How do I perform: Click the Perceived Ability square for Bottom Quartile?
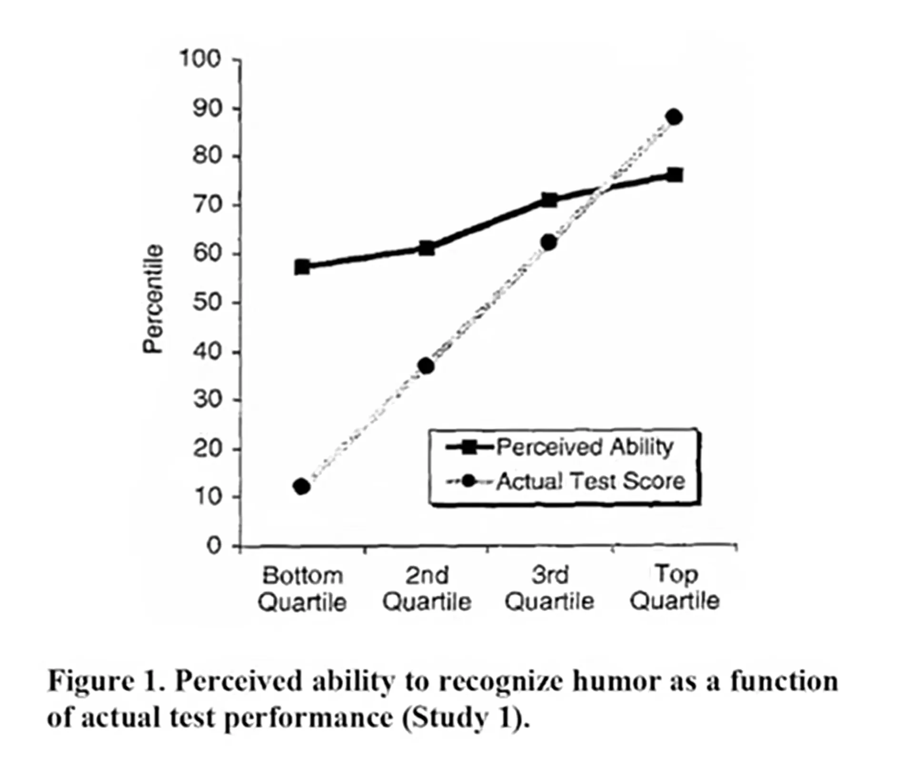pyautogui.click(x=302, y=267)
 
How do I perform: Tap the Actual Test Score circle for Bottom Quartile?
pyautogui.click(x=302, y=487)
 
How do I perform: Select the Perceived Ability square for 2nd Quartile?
pyautogui.click(x=427, y=248)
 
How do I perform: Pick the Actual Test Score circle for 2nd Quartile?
pyautogui.click(x=426, y=366)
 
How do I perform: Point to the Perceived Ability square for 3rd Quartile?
pyautogui.click(x=549, y=200)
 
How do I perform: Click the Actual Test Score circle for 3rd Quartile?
pyautogui.click(x=549, y=242)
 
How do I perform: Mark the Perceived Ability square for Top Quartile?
pyautogui.click(x=675, y=175)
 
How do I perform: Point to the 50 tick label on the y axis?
pyautogui.click(x=208, y=302)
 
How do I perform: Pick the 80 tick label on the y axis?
pyautogui.click(x=208, y=156)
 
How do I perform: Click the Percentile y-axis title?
pyautogui.click(x=153, y=299)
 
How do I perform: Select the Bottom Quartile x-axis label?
pyautogui.click(x=302, y=589)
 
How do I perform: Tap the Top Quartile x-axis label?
pyautogui.click(x=675, y=587)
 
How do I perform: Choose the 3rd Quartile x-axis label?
pyautogui.click(x=549, y=588)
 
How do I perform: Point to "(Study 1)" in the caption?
pyautogui.click(x=466, y=718)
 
